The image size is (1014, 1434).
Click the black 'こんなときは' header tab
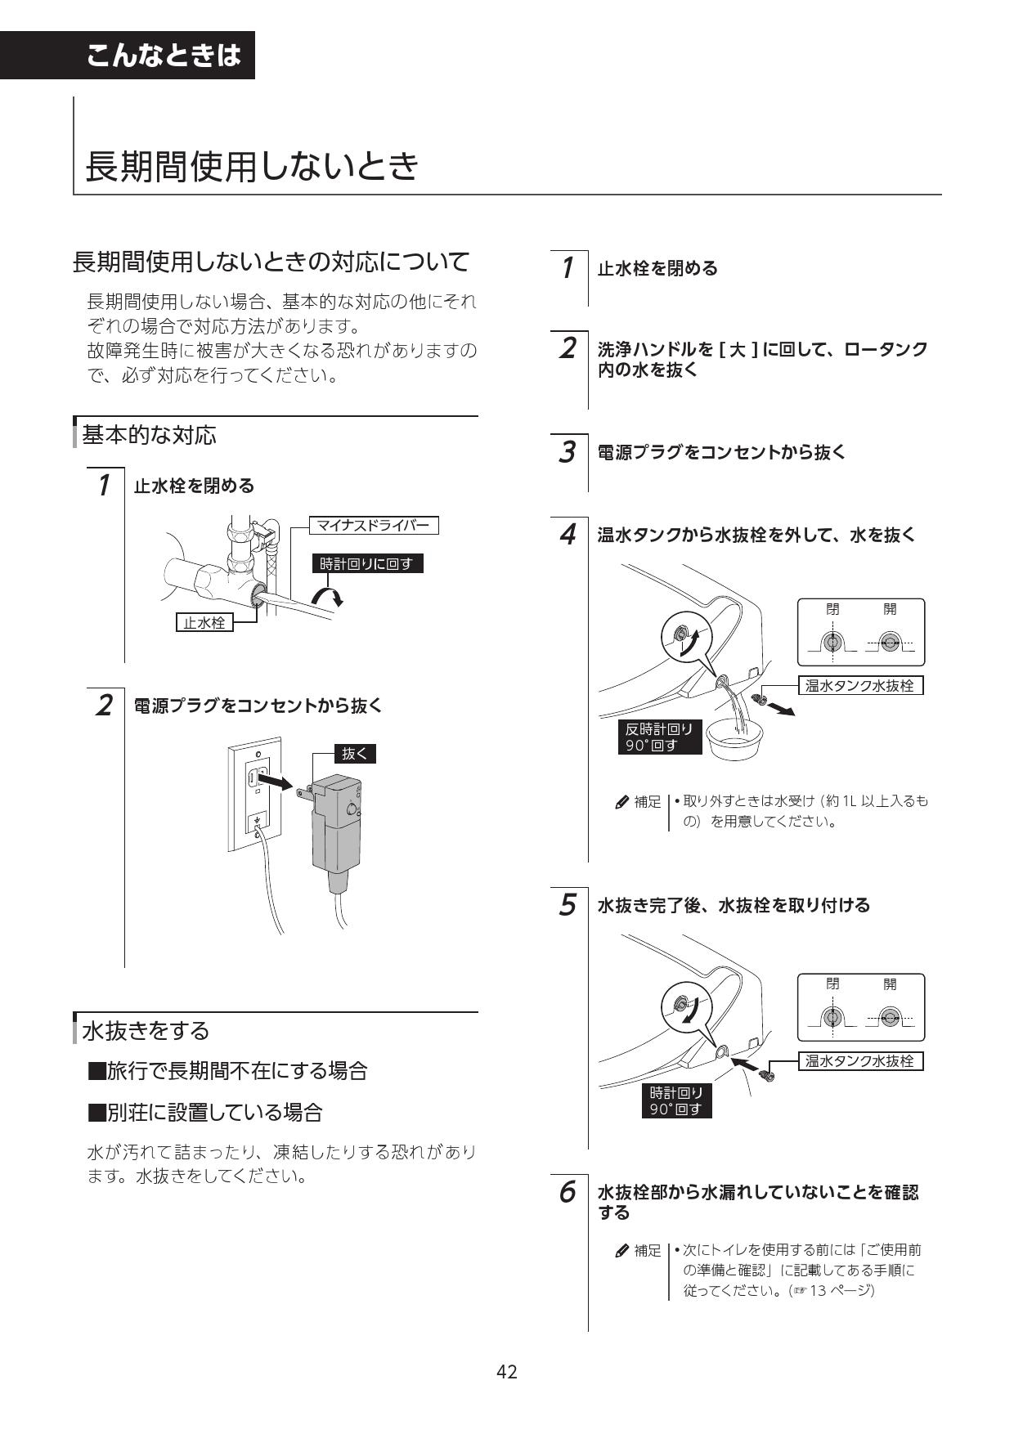[x=164, y=55]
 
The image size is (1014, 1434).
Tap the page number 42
[x=506, y=1371]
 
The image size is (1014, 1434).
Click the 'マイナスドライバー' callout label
[x=373, y=525]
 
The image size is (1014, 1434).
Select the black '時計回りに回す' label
[x=367, y=563]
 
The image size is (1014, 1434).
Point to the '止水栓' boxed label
[x=204, y=623]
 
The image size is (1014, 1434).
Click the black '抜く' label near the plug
[x=355, y=754]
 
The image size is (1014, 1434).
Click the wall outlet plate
[x=254, y=793]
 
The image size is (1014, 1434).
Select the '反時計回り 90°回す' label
[x=659, y=737]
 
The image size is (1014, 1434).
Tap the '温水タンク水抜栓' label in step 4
[x=859, y=686]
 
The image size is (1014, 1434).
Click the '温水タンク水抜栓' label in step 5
[x=859, y=1061]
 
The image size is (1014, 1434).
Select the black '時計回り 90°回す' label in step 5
[x=676, y=1101]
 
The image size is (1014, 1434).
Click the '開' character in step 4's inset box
[x=890, y=609]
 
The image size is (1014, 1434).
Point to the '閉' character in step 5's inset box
[x=832, y=984]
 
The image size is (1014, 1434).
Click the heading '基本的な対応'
[x=150, y=435]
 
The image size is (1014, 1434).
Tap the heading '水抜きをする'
[x=146, y=1030]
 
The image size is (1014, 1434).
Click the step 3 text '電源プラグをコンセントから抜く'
[x=721, y=452]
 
